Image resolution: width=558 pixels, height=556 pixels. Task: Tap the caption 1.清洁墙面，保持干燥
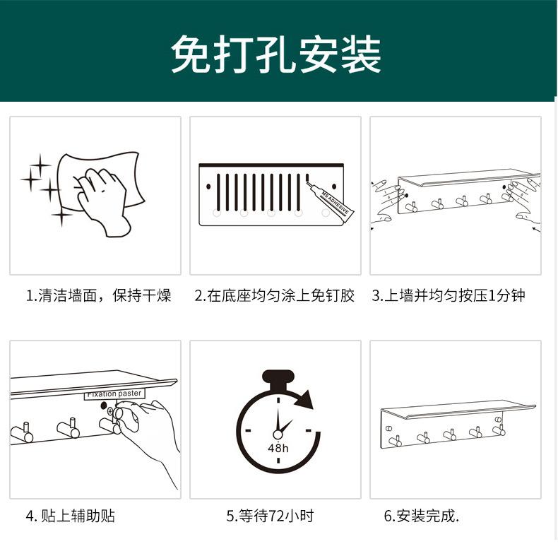[x=98, y=295]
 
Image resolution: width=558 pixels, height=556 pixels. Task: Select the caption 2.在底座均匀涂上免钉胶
[x=275, y=295]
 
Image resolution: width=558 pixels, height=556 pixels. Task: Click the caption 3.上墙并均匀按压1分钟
[x=449, y=295]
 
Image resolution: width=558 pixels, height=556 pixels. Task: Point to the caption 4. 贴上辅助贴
[x=70, y=516]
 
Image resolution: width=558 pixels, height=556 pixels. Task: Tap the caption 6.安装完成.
[x=422, y=516]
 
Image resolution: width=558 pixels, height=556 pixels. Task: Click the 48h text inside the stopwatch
[x=278, y=448]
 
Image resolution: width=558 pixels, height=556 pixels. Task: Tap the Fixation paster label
[x=114, y=394]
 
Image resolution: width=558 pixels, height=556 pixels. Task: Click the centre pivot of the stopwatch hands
[x=278, y=434]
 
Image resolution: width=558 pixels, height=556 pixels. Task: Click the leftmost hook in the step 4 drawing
[x=21, y=432]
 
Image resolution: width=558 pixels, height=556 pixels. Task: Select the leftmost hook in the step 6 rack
[x=395, y=440]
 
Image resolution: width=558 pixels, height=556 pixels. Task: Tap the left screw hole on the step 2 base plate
[x=210, y=187]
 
